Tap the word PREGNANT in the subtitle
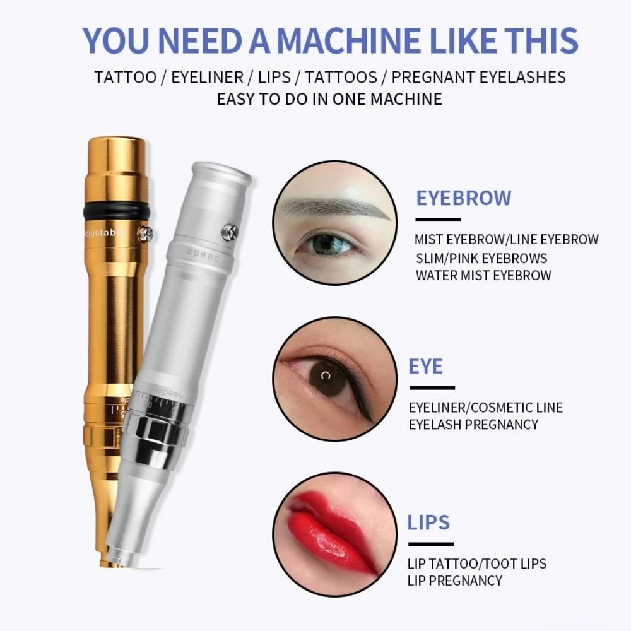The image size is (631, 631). [432, 77]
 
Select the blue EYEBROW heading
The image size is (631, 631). [464, 198]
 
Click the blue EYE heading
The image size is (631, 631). [426, 366]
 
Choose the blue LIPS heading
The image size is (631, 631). [428, 522]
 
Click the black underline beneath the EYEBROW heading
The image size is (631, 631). [438, 220]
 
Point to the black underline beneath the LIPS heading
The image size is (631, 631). [431, 544]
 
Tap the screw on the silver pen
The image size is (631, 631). [230, 233]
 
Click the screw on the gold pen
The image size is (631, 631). [145, 234]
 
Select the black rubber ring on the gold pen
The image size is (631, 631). [117, 211]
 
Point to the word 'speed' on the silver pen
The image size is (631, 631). [203, 255]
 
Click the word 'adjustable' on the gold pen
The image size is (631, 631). [103, 233]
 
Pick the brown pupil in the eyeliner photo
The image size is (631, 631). [327, 378]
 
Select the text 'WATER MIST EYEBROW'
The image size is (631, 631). [483, 276]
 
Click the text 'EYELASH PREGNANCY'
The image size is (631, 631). [474, 425]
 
